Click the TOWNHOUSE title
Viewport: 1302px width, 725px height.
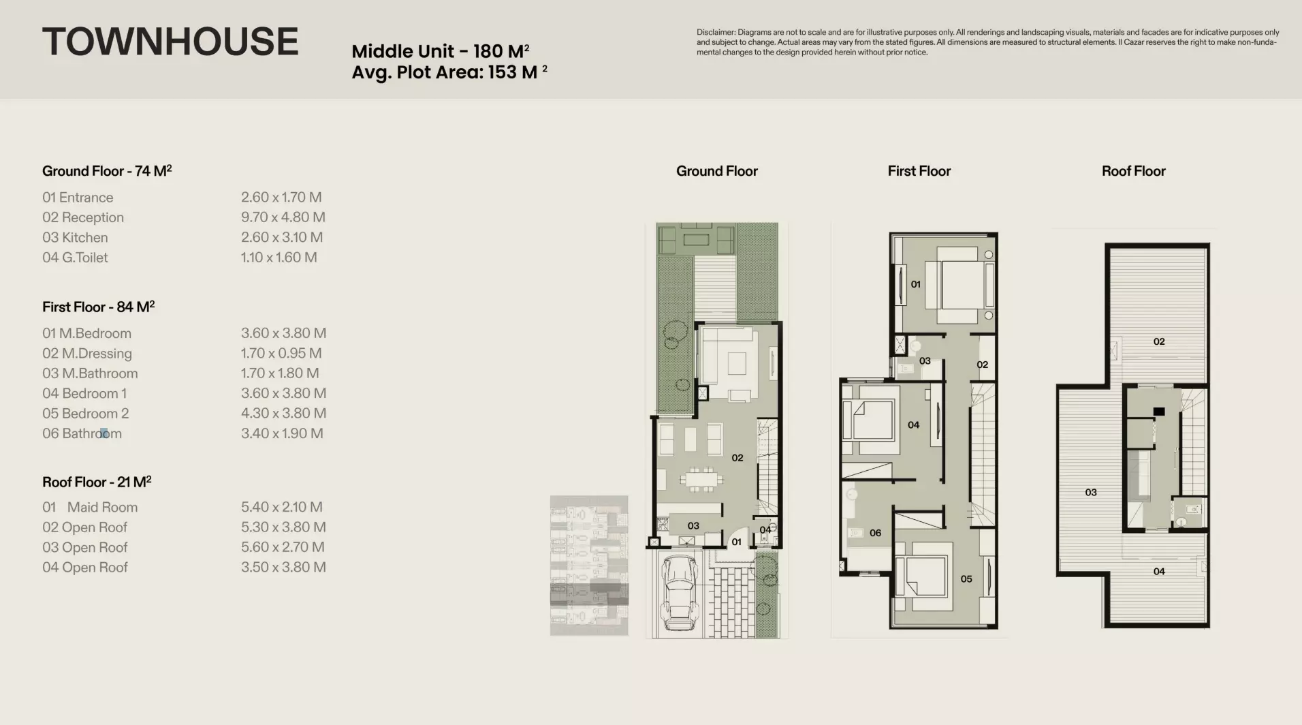tap(170, 42)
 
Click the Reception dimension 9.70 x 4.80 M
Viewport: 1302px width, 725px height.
tap(283, 217)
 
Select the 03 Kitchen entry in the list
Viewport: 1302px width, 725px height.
tap(75, 238)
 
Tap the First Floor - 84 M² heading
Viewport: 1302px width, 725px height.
tap(99, 307)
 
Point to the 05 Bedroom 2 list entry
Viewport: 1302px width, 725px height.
tap(86, 414)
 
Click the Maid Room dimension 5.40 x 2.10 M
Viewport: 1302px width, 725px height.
tap(282, 507)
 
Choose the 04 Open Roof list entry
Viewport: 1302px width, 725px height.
tap(85, 568)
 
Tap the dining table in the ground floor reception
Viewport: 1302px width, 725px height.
tap(699, 479)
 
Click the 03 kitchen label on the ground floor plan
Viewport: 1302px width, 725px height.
tap(693, 526)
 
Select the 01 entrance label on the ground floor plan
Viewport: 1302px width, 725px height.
tap(736, 542)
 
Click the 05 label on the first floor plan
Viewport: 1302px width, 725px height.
tap(966, 579)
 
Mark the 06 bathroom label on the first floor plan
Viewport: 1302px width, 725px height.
tap(875, 533)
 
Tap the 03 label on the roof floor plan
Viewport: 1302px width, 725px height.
tap(1091, 492)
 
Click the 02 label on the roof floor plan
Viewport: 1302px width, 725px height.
tap(1159, 341)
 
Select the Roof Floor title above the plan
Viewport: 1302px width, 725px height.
tap(1134, 171)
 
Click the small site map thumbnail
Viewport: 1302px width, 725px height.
tap(589, 566)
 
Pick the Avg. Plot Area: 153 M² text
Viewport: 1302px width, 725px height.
tap(449, 72)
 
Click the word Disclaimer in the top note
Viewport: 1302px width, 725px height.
tap(716, 32)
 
